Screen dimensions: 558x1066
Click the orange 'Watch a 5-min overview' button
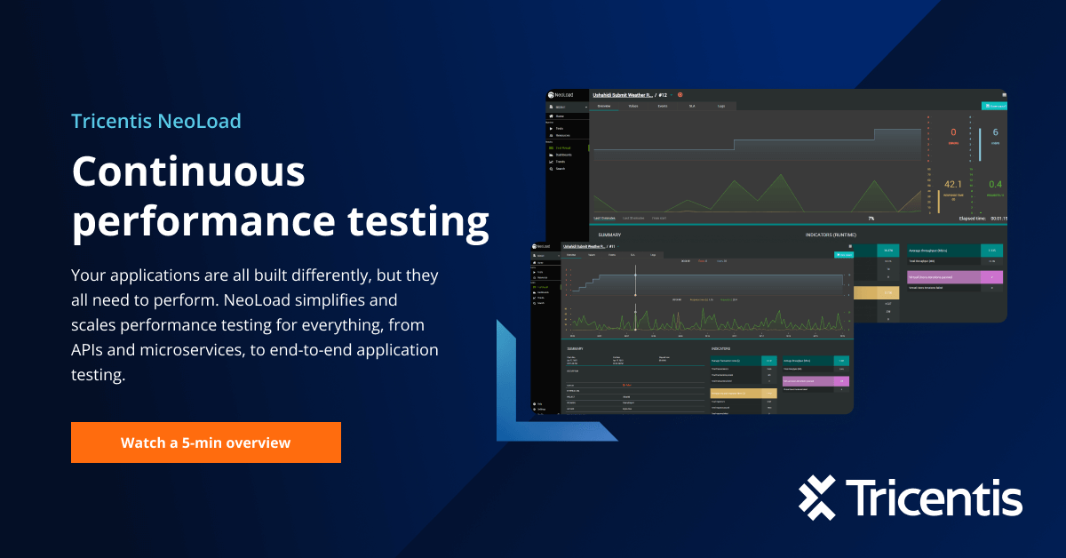click(205, 442)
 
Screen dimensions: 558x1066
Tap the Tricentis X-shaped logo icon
click(817, 498)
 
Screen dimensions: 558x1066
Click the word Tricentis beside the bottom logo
click(934, 498)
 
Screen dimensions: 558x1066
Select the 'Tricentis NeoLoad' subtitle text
click(155, 121)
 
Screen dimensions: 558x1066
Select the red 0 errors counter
click(953, 132)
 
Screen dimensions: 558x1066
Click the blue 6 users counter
click(995, 132)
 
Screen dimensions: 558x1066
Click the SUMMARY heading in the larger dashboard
click(609, 235)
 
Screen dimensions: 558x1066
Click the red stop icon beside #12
click(680, 94)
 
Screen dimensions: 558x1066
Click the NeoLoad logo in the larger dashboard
click(565, 94)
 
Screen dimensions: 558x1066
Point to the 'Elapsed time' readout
click(982, 217)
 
